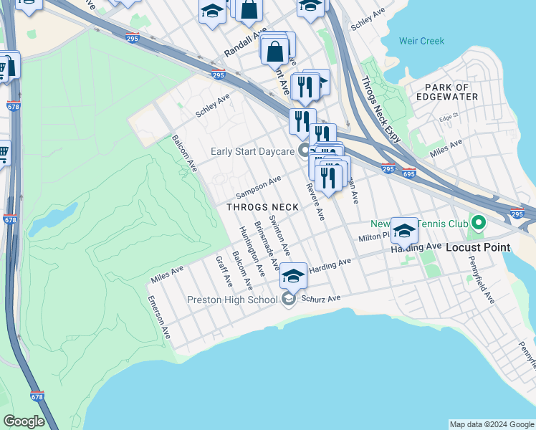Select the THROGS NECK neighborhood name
tap(262, 207)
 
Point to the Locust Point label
tap(478, 247)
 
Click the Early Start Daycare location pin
tap(305, 150)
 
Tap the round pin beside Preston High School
tap(289, 300)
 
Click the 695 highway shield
tap(409, 173)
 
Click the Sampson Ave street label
tap(258, 188)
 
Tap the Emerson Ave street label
tap(159, 317)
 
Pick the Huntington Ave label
tap(251, 251)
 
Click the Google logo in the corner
tap(24, 421)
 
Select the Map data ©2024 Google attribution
tap(491, 424)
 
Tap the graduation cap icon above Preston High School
tap(294, 274)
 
